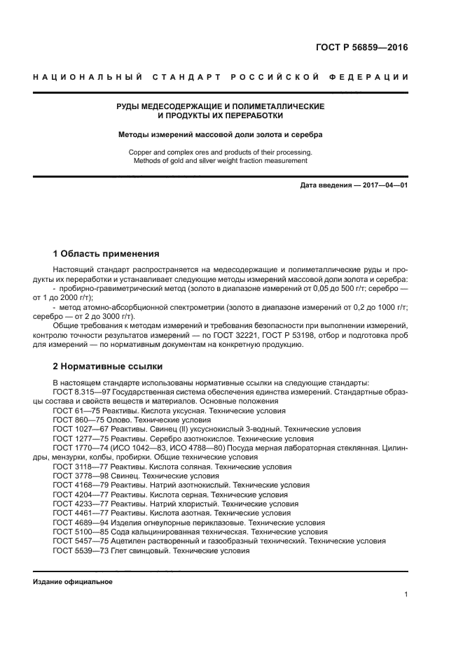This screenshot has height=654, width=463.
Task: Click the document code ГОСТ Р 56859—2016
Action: coord(361,48)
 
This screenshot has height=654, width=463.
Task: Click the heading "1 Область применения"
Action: coord(106,253)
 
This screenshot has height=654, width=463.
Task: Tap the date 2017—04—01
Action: coord(383,185)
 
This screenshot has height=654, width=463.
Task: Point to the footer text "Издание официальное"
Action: coord(73,582)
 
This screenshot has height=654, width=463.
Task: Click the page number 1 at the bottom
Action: coord(406,595)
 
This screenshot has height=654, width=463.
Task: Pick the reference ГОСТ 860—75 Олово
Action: coord(89,420)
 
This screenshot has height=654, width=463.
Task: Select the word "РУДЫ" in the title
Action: coord(130,106)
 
